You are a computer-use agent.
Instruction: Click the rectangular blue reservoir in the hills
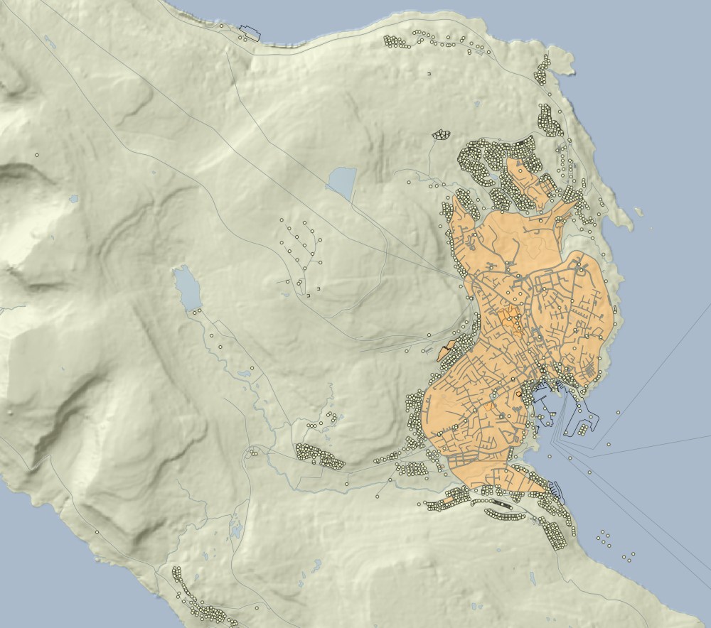click(x=341, y=183)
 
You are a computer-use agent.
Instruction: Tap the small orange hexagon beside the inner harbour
click(x=519, y=392)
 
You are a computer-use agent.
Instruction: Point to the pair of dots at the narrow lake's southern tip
click(x=196, y=310)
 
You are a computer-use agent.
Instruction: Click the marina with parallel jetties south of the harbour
click(x=556, y=490)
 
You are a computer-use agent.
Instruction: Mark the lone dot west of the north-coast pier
click(x=221, y=26)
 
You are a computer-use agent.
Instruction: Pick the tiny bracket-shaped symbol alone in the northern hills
click(x=429, y=73)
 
